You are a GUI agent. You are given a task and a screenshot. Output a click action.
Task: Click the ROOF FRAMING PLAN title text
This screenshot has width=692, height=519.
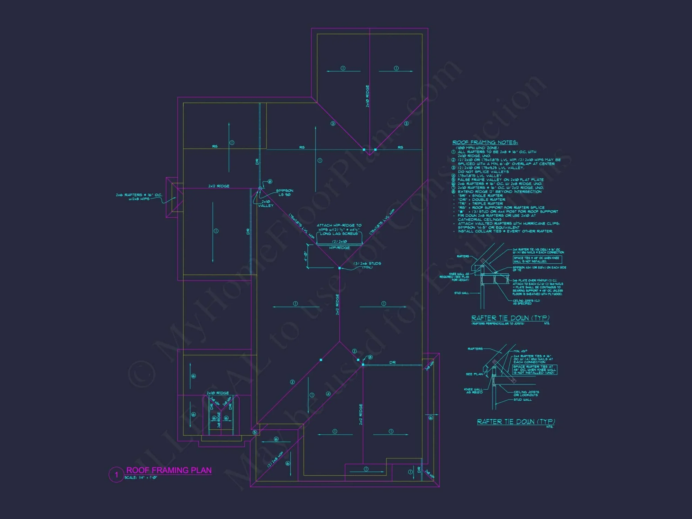[169, 470]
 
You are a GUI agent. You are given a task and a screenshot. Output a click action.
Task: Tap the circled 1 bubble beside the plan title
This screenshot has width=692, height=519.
[116, 475]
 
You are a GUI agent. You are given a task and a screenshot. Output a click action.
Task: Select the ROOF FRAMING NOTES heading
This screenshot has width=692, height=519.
[485, 143]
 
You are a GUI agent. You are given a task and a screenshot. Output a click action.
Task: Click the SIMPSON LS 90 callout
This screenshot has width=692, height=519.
[285, 193]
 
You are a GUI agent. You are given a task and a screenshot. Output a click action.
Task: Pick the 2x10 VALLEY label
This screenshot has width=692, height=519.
[266, 203]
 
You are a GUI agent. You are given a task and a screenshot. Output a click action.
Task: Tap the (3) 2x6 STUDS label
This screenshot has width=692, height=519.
[367, 265]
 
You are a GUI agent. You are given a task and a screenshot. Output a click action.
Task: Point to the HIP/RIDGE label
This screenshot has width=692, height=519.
[339, 248]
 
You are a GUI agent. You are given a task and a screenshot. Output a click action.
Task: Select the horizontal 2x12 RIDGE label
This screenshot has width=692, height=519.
[219, 186]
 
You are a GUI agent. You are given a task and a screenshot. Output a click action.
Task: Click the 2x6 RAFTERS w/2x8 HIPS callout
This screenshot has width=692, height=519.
[138, 197]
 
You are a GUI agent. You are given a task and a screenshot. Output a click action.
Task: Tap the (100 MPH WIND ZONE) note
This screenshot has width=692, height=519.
[477, 148]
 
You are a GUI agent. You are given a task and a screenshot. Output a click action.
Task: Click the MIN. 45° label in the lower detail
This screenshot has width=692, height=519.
[520, 351]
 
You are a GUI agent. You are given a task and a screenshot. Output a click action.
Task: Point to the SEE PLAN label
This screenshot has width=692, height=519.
[474, 374]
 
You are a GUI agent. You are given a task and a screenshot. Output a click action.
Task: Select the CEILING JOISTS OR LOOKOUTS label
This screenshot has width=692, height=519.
[526, 393]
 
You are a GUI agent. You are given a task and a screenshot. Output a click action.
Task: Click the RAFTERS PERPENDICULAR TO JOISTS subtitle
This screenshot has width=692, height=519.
[498, 324]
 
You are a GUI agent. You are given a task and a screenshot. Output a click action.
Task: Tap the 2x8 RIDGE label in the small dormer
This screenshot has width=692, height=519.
[219, 419]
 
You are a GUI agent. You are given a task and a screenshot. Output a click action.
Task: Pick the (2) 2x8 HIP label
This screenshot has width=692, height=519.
[275, 459]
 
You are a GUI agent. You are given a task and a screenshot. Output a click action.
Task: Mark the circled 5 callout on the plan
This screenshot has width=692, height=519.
[255, 432]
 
